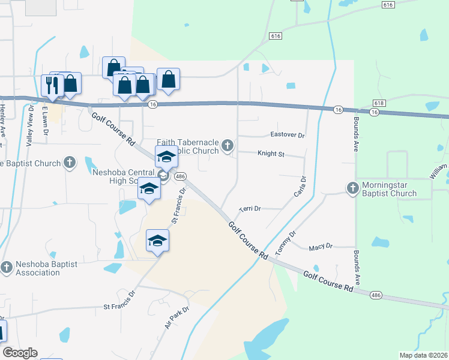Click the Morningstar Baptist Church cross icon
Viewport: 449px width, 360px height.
352,188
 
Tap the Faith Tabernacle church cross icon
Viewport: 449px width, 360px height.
228,145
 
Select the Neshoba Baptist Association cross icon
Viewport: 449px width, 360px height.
7,267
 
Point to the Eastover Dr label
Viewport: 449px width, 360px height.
288,135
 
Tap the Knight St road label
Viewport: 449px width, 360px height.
271,154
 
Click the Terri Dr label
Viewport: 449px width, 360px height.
250,209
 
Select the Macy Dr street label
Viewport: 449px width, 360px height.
321,247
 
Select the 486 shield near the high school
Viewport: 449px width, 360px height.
179,176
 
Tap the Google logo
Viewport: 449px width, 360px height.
20,353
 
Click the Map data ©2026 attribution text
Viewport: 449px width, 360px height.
423,355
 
